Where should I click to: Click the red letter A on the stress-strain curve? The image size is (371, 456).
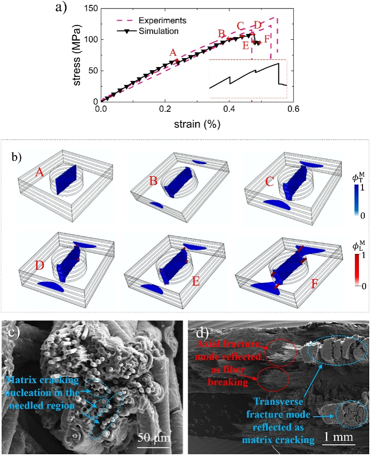pos(173,52)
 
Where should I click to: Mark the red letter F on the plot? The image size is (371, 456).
pos(267,38)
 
